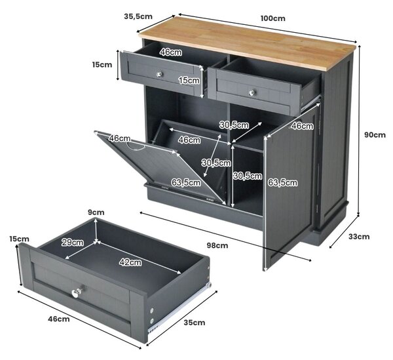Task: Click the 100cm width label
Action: [272, 18]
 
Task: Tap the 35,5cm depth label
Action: [138, 16]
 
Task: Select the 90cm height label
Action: [375, 134]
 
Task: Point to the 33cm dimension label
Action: [359, 237]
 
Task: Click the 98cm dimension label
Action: [217, 245]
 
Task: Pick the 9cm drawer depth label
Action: [96, 212]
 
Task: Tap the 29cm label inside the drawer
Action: [73, 243]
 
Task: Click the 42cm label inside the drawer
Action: [130, 262]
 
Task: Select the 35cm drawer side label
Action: [195, 323]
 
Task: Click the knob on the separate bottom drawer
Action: [76, 292]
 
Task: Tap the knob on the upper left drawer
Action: [159, 74]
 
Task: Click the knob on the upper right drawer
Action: [252, 92]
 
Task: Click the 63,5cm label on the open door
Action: [283, 182]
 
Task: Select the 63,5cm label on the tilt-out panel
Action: [186, 182]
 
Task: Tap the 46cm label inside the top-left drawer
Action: [171, 52]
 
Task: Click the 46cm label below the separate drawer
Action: [59, 319]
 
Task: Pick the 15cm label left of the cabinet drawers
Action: [102, 64]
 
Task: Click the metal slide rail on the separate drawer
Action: [179, 308]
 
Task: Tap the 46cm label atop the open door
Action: [303, 126]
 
